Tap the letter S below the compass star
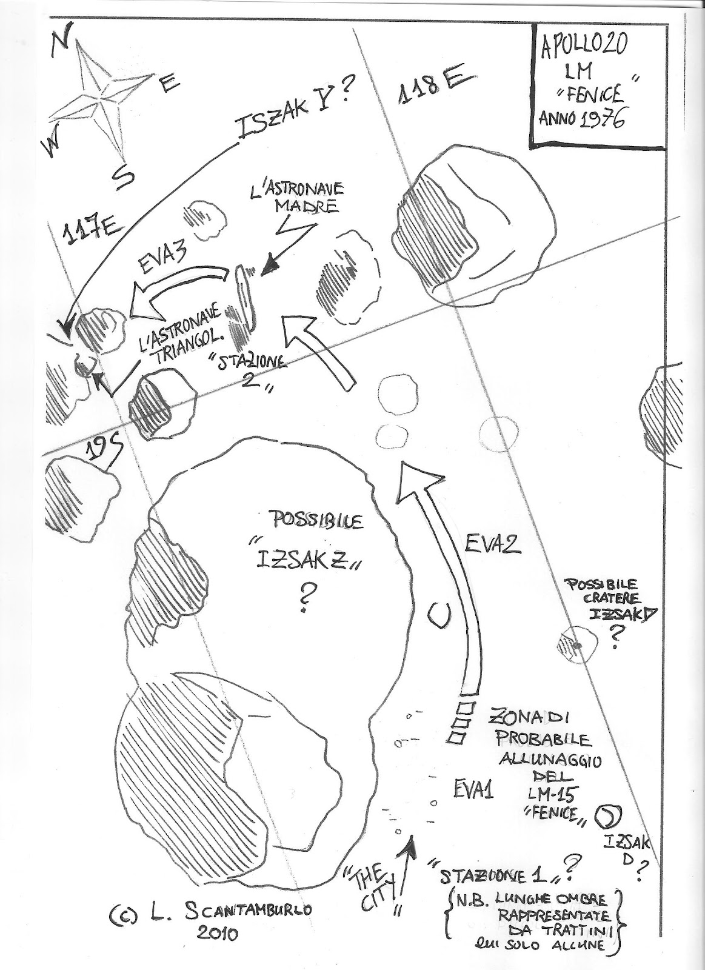[x=123, y=176]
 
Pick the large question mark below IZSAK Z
[x=302, y=600]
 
